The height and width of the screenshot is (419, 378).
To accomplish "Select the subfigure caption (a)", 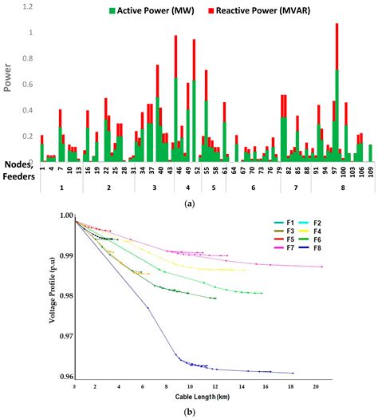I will coord(189,204).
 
